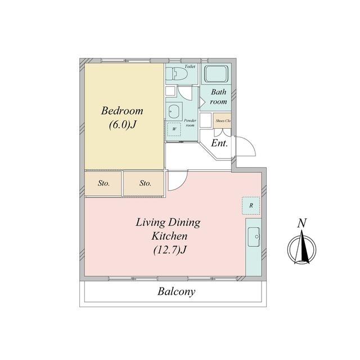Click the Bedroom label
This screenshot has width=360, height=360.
click(122, 111)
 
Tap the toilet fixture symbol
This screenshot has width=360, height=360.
click(177, 74)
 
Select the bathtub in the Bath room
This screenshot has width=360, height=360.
click(217, 74)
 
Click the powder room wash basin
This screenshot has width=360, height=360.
click(174, 111)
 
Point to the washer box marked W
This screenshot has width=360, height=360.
click(174, 129)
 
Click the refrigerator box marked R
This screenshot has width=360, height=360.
click(251, 205)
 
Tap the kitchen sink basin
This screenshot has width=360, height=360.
click(254, 237)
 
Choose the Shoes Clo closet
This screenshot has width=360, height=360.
click(222, 120)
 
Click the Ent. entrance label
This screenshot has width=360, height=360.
click(219, 143)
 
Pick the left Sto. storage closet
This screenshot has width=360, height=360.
click(103, 183)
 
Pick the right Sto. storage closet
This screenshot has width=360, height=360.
click(144, 183)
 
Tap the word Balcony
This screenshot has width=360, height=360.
click(176, 292)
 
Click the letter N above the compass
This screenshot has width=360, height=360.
click(302, 223)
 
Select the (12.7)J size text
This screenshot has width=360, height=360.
click(169, 250)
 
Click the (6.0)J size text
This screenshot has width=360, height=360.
click(122, 125)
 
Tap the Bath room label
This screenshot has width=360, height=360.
click(218, 97)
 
